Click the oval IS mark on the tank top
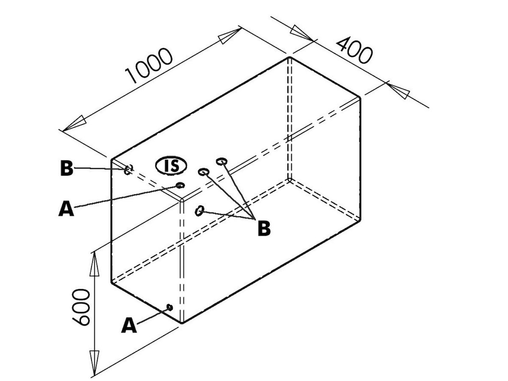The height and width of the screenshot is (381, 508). tap(171, 166)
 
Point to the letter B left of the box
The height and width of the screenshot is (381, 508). tap(66, 168)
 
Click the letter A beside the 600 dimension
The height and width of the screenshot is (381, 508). tap(129, 326)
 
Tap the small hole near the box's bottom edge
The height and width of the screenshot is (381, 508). tap(170, 307)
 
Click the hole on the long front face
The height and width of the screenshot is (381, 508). tap(200, 210)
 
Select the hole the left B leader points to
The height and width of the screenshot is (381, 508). tap(128, 169)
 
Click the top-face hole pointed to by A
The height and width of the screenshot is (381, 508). tap(180, 185)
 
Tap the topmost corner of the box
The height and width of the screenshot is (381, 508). tap(290, 56)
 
